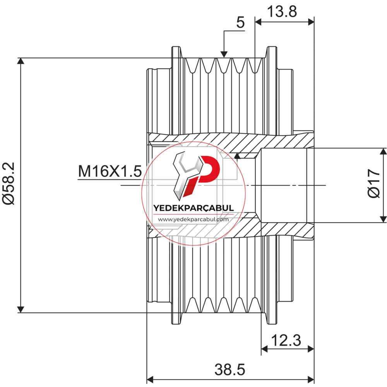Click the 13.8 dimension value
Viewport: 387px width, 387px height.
[282, 12]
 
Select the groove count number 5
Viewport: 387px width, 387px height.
[240, 22]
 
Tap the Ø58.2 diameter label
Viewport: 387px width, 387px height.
[9, 183]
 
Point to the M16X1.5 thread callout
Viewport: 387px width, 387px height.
[110, 171]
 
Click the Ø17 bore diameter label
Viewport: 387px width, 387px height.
[374, 183]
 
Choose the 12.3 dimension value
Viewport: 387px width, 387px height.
[286, 341]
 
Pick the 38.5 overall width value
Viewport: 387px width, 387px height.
[230, 370]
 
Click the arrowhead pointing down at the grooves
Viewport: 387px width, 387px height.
[224, 54]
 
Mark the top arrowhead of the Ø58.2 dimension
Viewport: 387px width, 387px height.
[21, 61]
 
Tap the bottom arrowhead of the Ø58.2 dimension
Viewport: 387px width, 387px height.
[21, 310]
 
